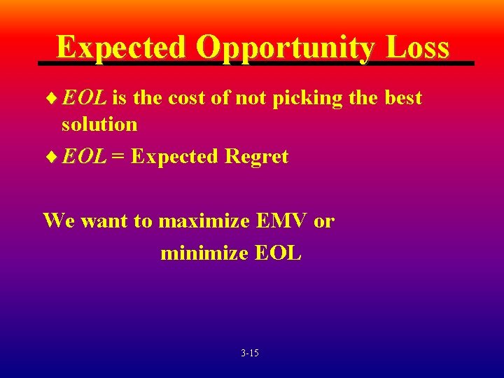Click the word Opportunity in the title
pyautogui.click(x=285, y=48)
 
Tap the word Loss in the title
pyautogui.click(x=417, y=48)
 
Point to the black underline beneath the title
pyautogui.click(x=255, y=64)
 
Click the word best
pyautogui.click(x=403, y=98)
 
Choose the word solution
pyautogui.click(x=99, y=125)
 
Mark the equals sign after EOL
pyautogui.click(x=118, y=157)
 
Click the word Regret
pyautogui.click(x=256, y=157)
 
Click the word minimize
pyautogui.click(x=204, y=253)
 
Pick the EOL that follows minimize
pyautogui.click(x=278, y=253)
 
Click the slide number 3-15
pyautogui.click(x=249, y=353)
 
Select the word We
pyautogui.click(x=59, y=221)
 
